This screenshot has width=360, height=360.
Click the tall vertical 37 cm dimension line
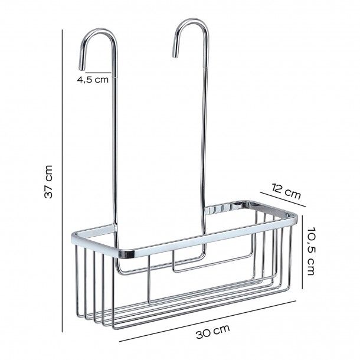(x=64, y=182)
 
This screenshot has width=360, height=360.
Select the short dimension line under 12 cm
(x=283, y=201)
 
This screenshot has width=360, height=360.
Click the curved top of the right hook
(x=191, y=24)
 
